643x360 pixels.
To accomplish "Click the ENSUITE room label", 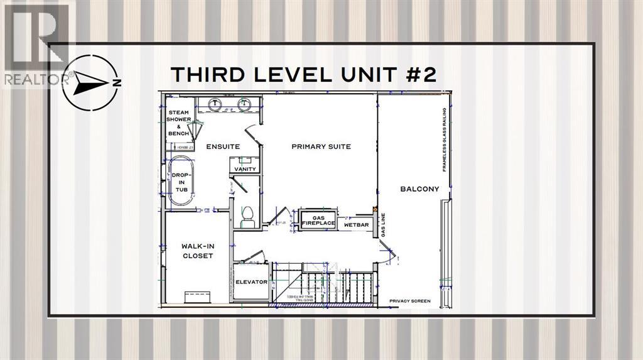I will coord(223,146).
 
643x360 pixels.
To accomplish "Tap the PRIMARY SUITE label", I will coord(321,146).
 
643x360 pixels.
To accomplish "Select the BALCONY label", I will coord(419,188).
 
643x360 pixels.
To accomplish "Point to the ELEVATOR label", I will coord(251,282).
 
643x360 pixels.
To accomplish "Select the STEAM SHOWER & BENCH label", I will coord(178,123).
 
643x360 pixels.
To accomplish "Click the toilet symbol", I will coord(247,214).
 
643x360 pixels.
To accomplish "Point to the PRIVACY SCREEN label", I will coord(409,302).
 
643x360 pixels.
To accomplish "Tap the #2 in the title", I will coord(418,74).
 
